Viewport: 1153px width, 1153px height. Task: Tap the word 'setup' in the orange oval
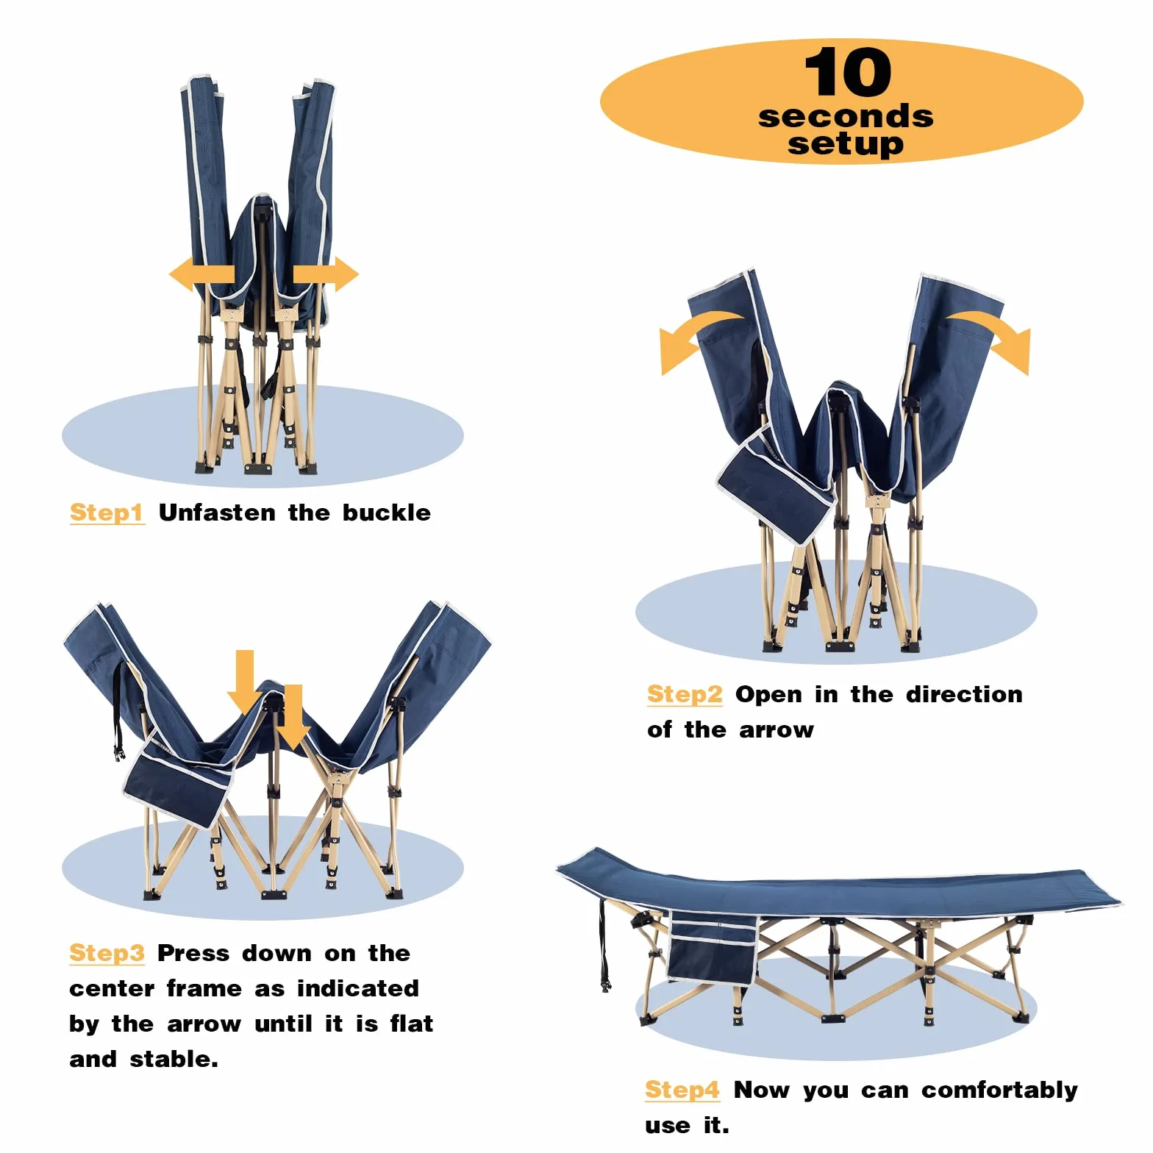846,143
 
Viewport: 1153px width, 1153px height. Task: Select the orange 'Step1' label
107,513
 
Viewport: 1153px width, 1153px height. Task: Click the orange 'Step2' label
685,694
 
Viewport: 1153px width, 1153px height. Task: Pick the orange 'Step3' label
107,953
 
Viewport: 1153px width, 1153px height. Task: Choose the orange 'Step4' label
682,1090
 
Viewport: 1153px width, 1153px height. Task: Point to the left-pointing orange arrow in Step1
201,275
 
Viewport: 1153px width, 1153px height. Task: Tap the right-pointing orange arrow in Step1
326,274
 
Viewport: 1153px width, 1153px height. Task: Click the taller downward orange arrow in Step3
244,682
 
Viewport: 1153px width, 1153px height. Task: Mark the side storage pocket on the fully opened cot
713,948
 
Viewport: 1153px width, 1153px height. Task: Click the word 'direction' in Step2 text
964,694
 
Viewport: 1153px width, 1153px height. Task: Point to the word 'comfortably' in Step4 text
1000,1090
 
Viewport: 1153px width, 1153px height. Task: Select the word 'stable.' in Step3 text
174,1059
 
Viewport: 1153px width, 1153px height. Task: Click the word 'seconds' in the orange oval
846,116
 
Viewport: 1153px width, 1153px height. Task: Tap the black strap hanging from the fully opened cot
604,946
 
